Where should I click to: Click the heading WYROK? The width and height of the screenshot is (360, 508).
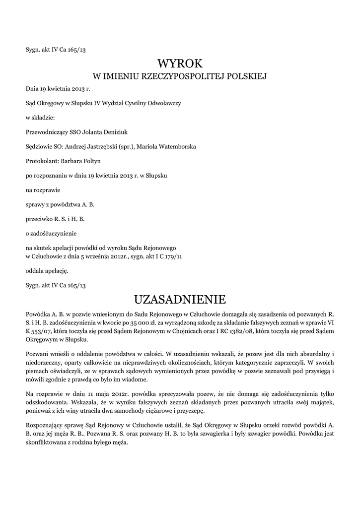(x=180, y=63)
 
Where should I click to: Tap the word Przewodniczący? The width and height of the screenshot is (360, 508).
(x=46, y=132)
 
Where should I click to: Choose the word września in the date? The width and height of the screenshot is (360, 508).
(x=101, y=256)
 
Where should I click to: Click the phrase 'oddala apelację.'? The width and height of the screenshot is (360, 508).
(x=47, y=271)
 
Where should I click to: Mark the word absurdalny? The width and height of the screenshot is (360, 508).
(x=310, y=354)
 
